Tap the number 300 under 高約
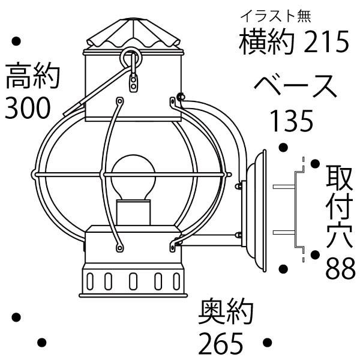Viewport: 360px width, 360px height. click(27, 108)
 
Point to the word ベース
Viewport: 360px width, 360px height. click(295, 87)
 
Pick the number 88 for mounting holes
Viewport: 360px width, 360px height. click(340, 269)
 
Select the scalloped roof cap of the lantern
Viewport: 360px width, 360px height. click(133, 35)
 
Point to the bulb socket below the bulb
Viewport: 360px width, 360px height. click(133, 213)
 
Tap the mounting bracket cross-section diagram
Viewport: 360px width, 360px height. click(297, 209)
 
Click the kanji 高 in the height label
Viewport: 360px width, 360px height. click(17, 79)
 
